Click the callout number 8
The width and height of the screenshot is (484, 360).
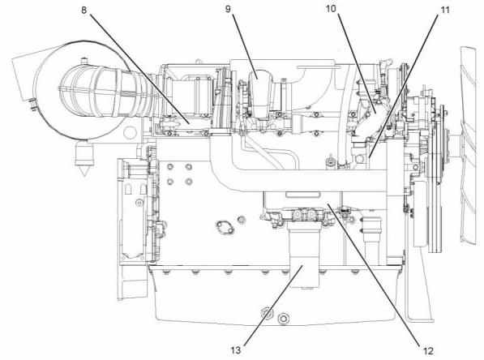point(84,11)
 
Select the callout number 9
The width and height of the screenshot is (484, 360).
point(228,9)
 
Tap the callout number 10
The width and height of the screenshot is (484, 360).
point(331,9)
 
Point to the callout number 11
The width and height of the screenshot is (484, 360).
point(444,11)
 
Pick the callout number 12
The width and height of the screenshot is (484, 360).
point(428,351)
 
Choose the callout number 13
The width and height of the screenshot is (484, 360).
point(236,350)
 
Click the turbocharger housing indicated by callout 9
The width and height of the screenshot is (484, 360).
point(260,94)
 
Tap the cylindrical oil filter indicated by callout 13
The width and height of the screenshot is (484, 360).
point(303,256)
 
